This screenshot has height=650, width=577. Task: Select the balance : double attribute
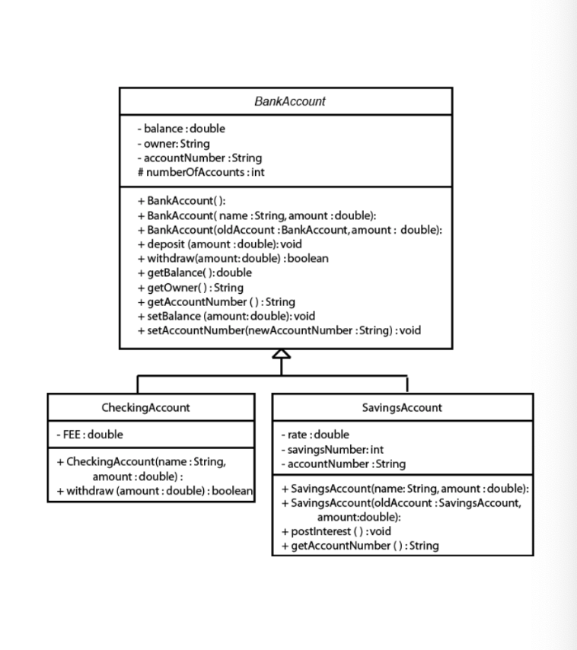coord(176,129)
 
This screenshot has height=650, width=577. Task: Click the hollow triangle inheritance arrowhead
coord(282,355)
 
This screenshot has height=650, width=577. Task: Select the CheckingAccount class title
coord(145,407)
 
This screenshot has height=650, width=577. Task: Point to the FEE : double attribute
coord(90,435)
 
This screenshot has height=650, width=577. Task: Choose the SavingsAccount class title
coord(403,407)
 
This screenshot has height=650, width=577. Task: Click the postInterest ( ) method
coord(336,531)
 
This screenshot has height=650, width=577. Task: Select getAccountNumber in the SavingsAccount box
coord(359,546)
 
